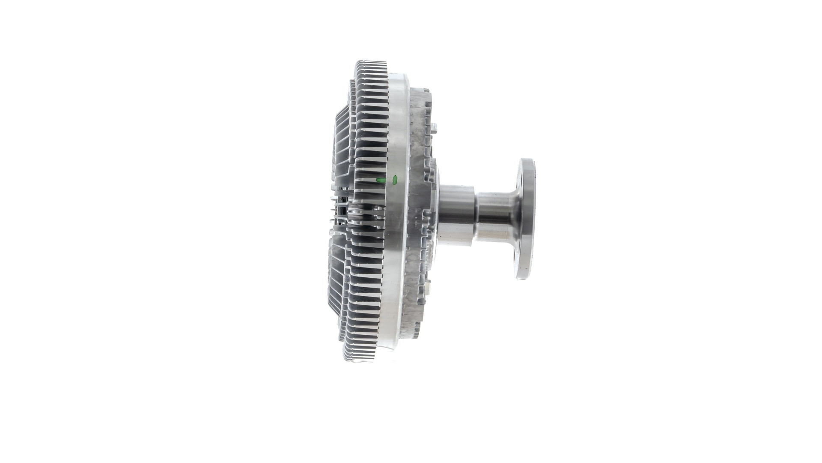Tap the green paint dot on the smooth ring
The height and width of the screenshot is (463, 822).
tap(395, 179)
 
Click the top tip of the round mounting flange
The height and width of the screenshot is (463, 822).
tap(527, 160)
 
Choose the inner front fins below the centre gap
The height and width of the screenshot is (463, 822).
tap(340, 292)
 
